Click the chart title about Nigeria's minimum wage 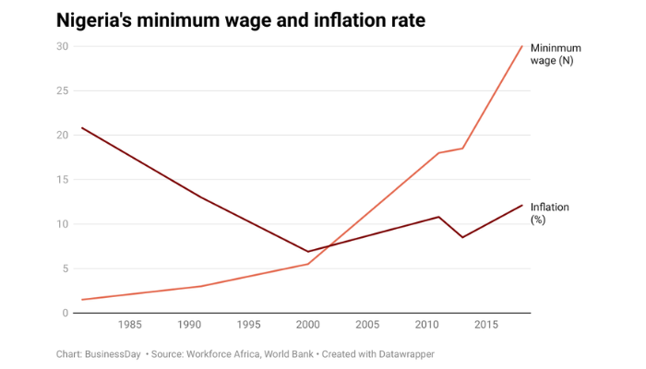coord(241,19)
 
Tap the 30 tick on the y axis coord(63,46)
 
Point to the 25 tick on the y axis coord(63,90)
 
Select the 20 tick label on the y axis coord(63,135)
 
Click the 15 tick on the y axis coord(63,179)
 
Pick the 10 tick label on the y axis coord(63,224)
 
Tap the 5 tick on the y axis coord(66,268)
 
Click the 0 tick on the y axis coord(66,313)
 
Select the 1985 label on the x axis coord(129,325)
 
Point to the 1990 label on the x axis coord(189,325)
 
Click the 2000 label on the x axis coord(308,325)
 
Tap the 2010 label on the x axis coord(426,325)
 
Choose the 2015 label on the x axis coord(486,325)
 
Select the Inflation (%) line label coord(549,213)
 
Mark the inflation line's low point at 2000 coord(308,251)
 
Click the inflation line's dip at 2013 coord(463,237)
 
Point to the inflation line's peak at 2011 coord(439,217)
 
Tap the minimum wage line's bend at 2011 coord(439,153)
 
